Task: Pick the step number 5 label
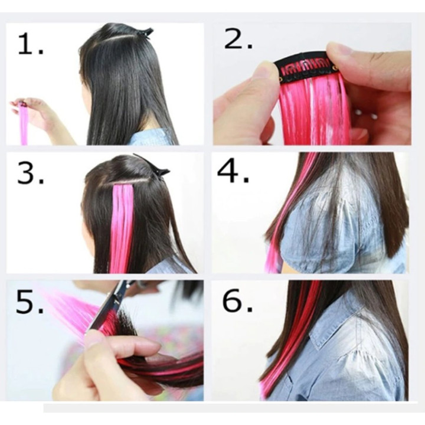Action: coord(30,302)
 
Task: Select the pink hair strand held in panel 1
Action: coord(24,123)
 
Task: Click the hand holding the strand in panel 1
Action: coord(41,116)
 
